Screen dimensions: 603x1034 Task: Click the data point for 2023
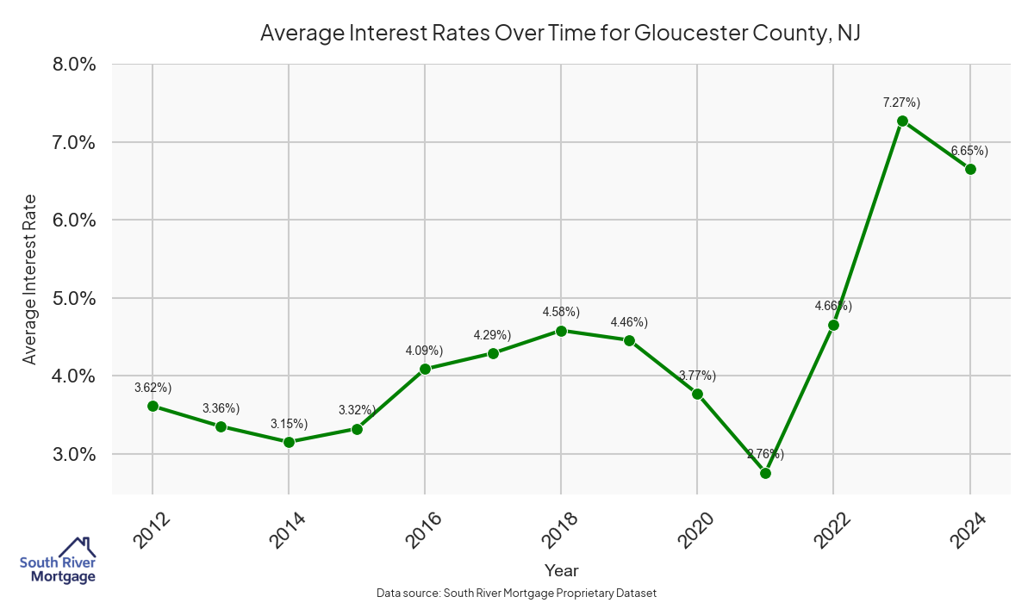(902, 121)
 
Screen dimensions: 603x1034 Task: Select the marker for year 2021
(765, 473)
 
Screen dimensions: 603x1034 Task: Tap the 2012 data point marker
(153, 406)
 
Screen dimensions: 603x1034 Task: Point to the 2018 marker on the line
(561, 331)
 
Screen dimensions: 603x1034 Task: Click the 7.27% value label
(901, 103)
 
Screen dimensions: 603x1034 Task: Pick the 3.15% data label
(289, 424)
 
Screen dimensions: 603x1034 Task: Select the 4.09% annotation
(424, 351)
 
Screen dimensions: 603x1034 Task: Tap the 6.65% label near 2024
(969, 151)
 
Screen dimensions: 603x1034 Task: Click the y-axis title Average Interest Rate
(30, 279)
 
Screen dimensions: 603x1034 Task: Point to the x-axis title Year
(561, 570)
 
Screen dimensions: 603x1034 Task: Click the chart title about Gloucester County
(561, 34)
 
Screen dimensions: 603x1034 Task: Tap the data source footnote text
(517, 593)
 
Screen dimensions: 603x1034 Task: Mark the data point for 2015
(357, 429)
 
